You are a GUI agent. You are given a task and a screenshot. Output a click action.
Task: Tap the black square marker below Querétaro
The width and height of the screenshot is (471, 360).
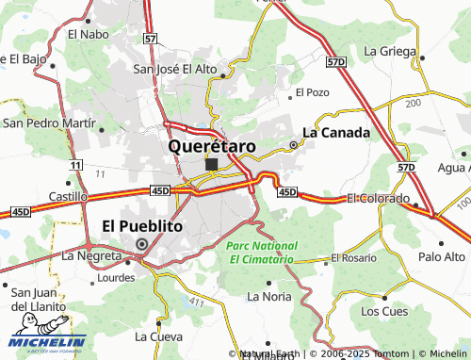point(211,164)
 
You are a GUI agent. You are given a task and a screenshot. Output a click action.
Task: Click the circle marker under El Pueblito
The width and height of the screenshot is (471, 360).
point(142,243)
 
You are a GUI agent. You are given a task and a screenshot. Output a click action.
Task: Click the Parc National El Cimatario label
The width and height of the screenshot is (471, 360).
point(260,252)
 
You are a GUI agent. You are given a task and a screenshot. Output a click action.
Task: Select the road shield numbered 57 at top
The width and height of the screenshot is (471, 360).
point(151,39)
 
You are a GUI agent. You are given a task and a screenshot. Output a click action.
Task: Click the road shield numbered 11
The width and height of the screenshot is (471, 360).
point(74,165)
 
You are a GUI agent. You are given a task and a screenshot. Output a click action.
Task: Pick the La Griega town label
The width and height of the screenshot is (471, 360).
point(389,50)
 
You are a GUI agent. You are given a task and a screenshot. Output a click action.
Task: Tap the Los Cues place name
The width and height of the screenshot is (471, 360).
point(383,310)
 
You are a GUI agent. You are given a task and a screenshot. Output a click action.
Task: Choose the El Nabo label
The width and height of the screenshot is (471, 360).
point(89,33)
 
